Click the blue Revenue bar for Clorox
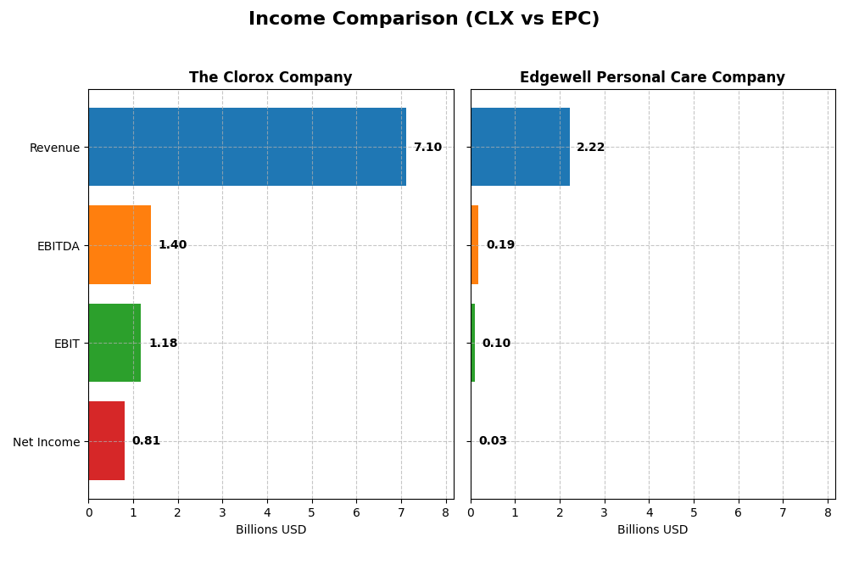pos(247,147)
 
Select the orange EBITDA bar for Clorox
pos(120,245)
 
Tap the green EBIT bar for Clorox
pos(114,343)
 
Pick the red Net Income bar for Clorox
pos(106,441)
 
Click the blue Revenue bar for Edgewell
pos(520,147)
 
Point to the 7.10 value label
pos(427,148)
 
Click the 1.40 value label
pos(172,245)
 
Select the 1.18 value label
pos(163,344)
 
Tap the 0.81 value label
pos(146,441)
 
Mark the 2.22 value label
pos(590,148)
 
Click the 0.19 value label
pos(500,245)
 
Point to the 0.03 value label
pos(493,441)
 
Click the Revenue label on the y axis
pos(54,148)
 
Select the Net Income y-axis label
pos(47,442)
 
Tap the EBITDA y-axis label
pos(59,246)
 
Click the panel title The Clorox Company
pos(271,78)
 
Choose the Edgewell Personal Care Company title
pos(652,78)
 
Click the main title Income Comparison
pos(424,20)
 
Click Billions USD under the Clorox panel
pos(271,530)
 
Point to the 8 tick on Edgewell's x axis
pos(828,512)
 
